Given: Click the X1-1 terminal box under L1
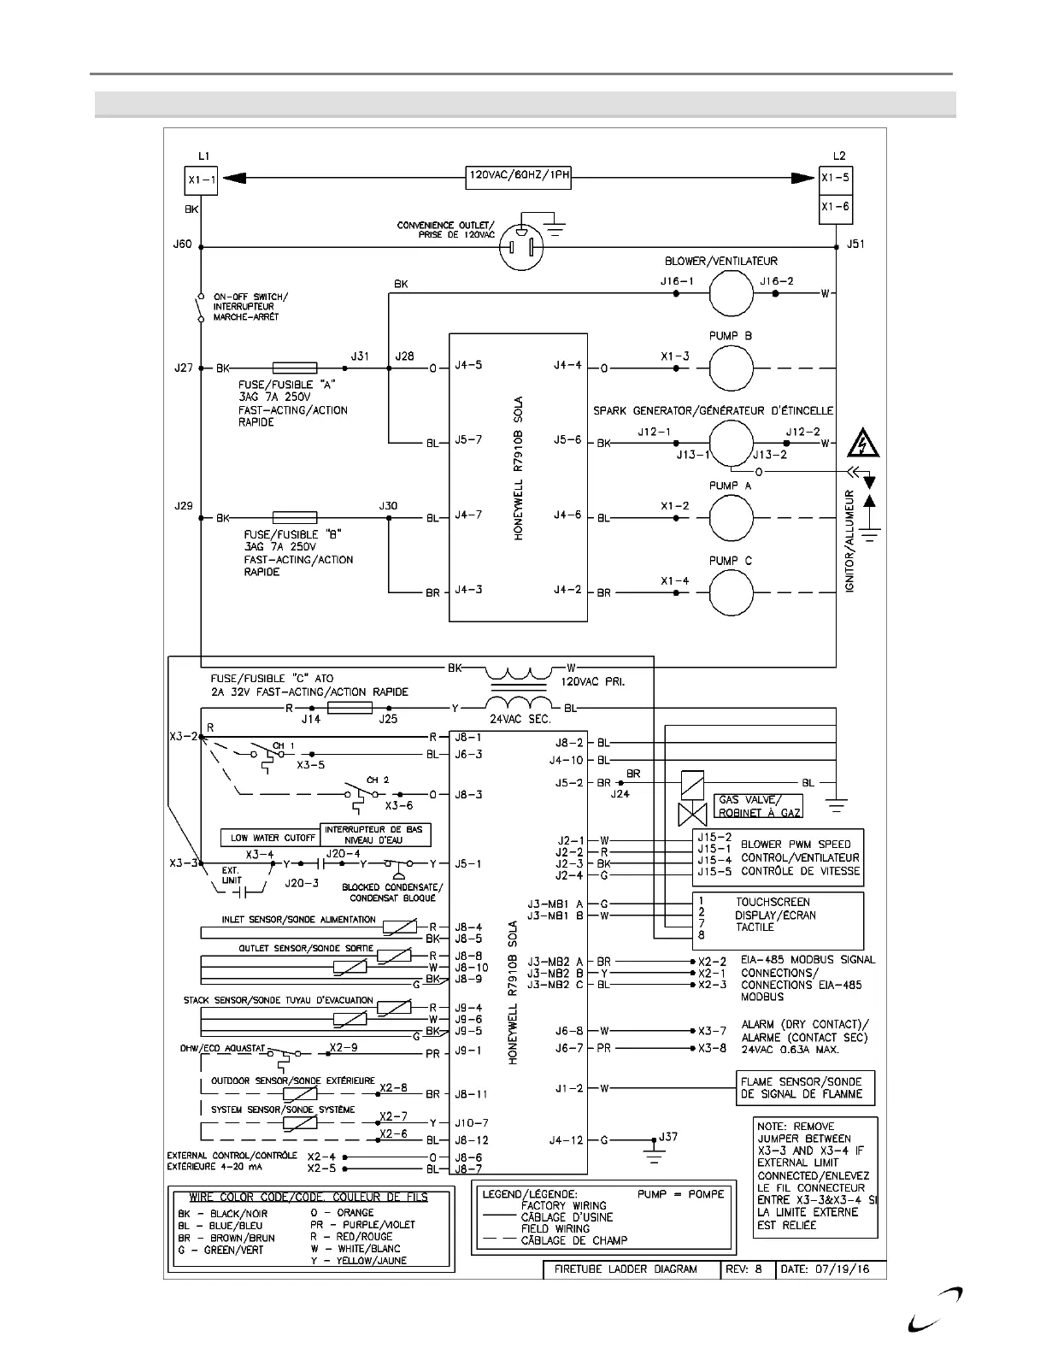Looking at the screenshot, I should coord(202,181).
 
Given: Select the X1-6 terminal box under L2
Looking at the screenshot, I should coord(835,207).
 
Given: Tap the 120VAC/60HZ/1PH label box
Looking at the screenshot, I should coord(519,178).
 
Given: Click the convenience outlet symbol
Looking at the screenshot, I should coord(520,247).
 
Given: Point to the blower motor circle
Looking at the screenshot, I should coord(731,293).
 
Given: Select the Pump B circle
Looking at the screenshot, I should coord(731,368).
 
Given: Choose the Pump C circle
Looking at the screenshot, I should coord(731,592).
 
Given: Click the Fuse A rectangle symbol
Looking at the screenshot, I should coord(295,368).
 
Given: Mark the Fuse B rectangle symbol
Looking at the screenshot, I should coord(295,518).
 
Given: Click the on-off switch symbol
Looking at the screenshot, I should coord(200,308).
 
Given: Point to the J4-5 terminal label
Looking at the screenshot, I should coord(468,366).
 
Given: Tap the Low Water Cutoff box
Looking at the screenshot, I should coord(269,838).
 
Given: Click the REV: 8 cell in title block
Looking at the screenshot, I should coord(748,1269).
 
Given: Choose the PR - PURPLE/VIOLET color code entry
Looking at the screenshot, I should coord(362,1225).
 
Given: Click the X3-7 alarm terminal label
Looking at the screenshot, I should coord(712,1031).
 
